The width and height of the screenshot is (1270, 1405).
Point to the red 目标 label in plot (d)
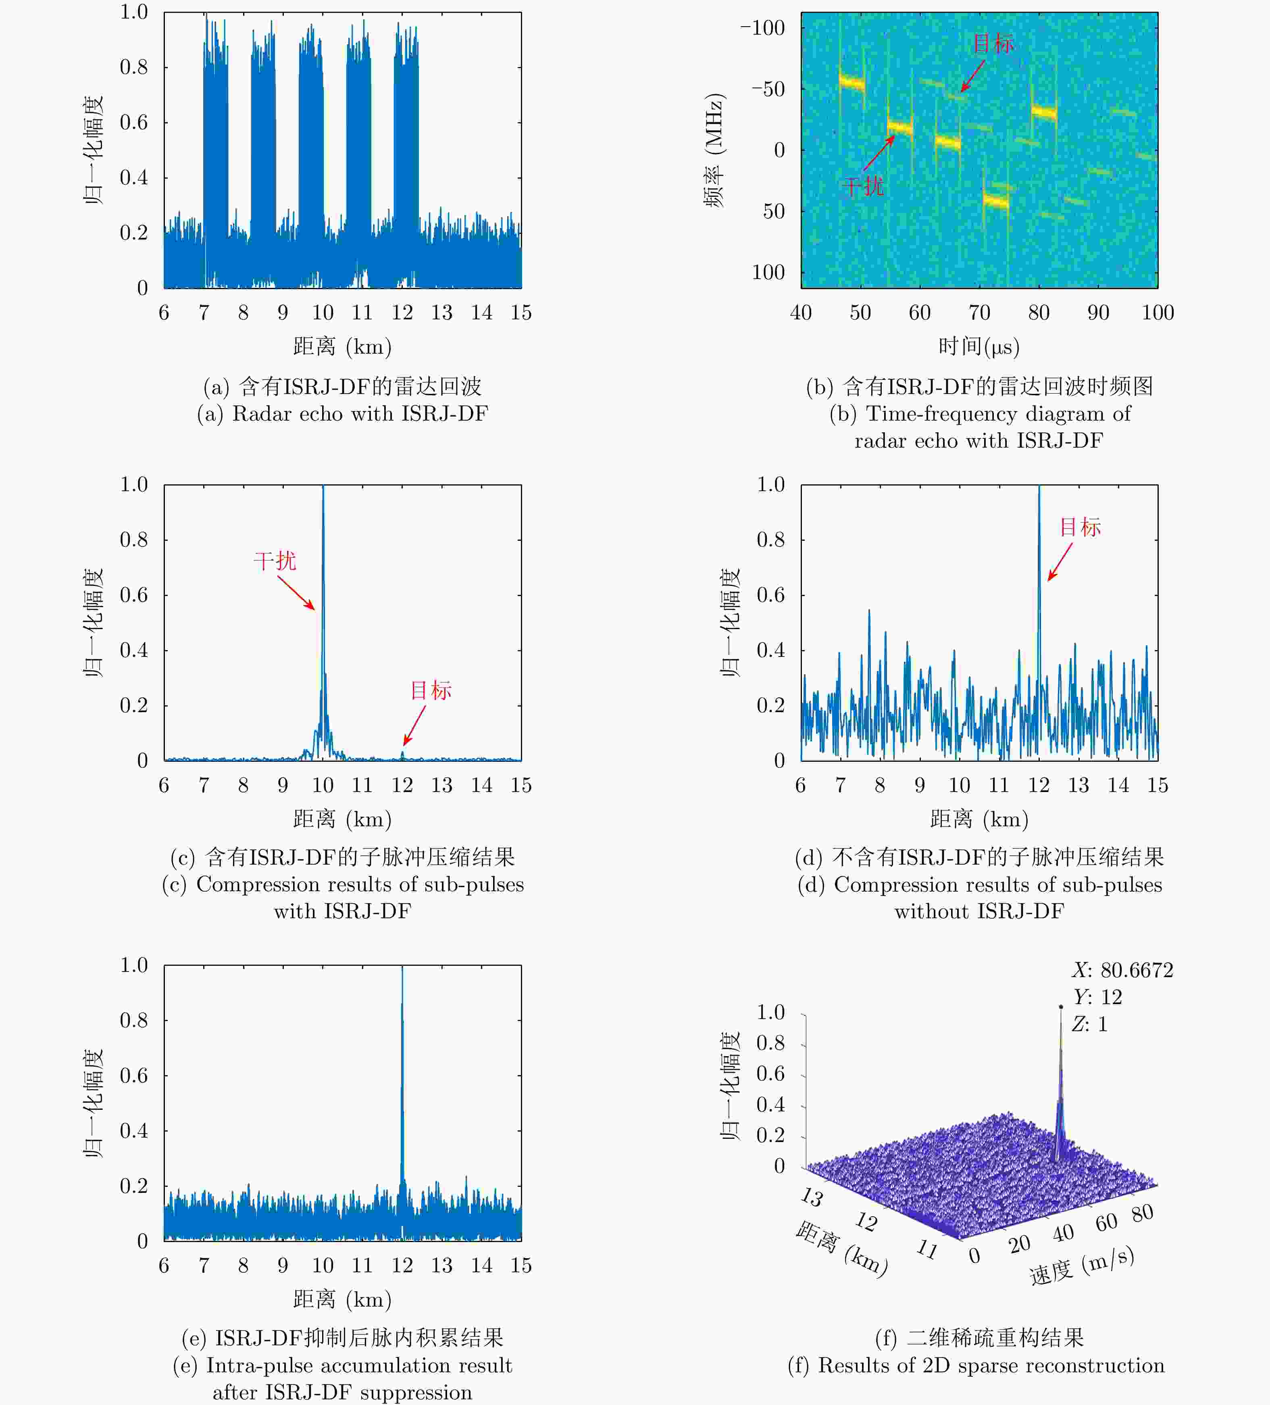(x=1080, y=527)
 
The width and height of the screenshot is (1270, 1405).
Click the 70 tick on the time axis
(x=979, y=312)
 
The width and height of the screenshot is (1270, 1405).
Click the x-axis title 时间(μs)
(x=979, y=346)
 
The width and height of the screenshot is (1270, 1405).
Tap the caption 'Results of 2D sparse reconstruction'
(x=976, y=1365)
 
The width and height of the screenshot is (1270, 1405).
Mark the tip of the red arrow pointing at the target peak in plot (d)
(x=1049, y=580)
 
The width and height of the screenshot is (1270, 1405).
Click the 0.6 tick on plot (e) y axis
(x=134, y=1076)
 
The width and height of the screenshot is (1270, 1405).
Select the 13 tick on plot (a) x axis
(x=442, y=312)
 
